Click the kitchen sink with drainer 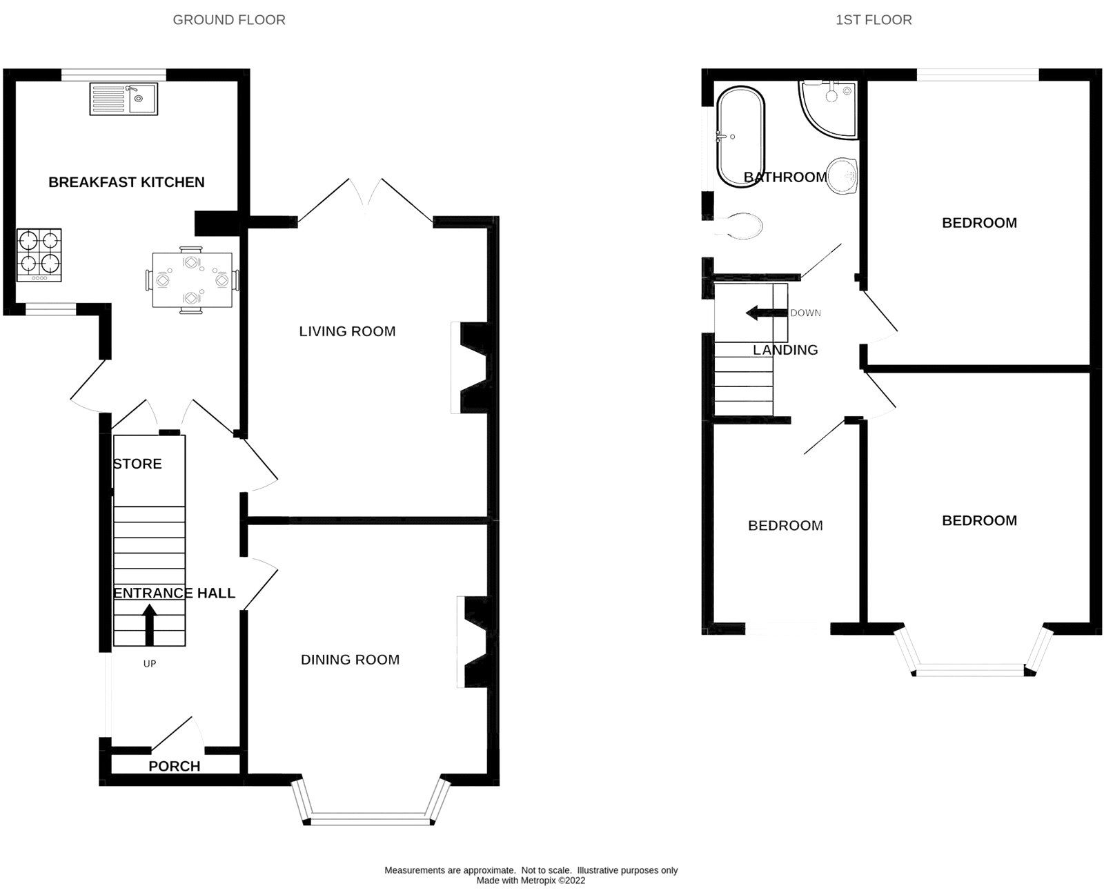(x=124, y=98)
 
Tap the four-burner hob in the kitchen (x=39, y=255)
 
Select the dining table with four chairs (x=193, y=280)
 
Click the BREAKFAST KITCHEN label (x=126, y=182)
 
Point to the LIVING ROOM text (x=347, y=331)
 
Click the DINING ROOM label (x=350, y=660)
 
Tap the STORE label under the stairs (x=138, y=464)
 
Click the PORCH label (x=175, y=766)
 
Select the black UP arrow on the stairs (x=149, y=624)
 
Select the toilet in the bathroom (x=740, y=225)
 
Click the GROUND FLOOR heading (x=228, y=20)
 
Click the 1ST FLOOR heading (x=874, y=20)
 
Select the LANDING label (x=785, y=350)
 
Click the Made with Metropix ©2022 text (x=531, y=881)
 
